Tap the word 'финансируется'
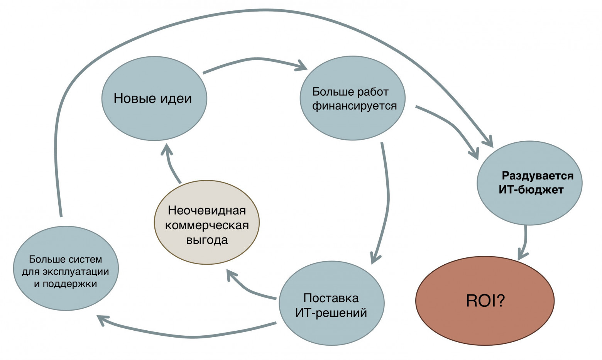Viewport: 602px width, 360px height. pos(354,106)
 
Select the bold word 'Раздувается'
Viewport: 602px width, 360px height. pos(538,176)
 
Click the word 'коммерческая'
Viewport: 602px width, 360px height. pos(207,225)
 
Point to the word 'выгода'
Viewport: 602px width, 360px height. pos(207,240)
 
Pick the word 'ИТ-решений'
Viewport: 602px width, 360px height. pos(331,313)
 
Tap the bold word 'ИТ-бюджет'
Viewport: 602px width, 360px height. pos(531,190)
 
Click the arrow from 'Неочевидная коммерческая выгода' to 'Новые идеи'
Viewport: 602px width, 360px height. pos(171,166)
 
